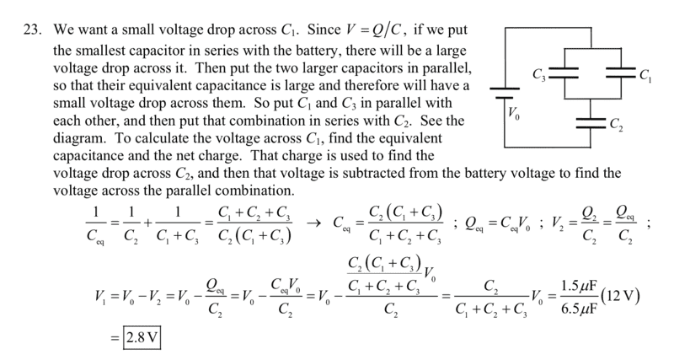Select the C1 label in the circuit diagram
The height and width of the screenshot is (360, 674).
pyautogui.click(x=645, y=77)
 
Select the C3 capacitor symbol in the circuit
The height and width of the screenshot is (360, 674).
pyautogui.click(x=564, y=73)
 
